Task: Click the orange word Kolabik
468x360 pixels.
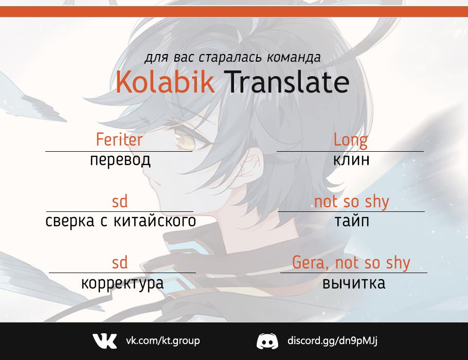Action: coord(165,82)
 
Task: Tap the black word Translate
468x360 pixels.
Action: coord(288,82)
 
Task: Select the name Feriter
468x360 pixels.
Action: coord(119,139)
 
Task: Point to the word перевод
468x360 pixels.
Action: coord(120,160)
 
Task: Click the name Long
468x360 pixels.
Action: coord(350,140)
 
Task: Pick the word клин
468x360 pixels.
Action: coord(351,160)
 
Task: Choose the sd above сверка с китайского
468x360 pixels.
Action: coord(120,201)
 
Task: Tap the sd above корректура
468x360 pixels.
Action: coord(120,262)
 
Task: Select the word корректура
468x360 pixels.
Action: coord(122,283)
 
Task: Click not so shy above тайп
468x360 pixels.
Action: coord(352,202)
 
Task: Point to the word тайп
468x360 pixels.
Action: coord(352,221)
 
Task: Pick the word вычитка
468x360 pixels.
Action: coord(354,283)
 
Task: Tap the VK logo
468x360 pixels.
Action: coord(104,341)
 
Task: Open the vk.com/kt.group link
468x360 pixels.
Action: coord(163,340)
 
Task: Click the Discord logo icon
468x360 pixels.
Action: coord(267,341)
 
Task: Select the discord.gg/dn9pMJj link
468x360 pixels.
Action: coord(332,340)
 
